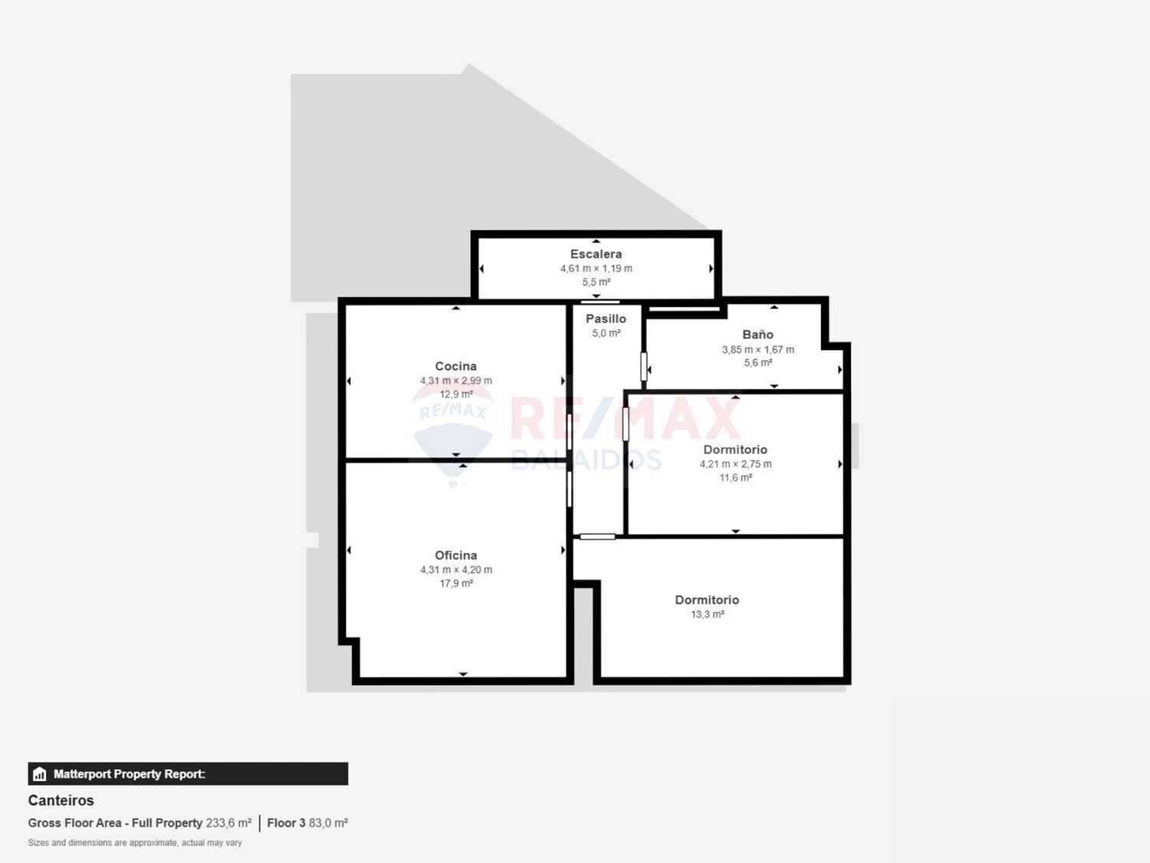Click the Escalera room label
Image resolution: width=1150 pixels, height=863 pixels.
pyautogui.click(x=596, y=254)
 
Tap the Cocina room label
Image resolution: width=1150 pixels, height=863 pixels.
pyautogui.click(x=455, y=366)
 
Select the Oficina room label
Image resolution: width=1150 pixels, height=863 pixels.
pyautogui.click(x=455, y=555)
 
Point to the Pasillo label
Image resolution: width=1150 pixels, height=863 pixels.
pyautogui.click(x=606, y=318)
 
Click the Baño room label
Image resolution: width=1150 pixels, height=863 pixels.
pyautogui.click(x=757, y=334)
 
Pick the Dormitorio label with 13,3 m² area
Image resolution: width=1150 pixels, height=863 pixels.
pyautogui.click(x=707, y=600)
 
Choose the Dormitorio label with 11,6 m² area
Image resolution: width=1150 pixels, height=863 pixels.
pyautogui.click(x=735, y=450)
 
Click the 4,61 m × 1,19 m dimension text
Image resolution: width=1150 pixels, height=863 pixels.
pyautogui.click(x=596, y=268)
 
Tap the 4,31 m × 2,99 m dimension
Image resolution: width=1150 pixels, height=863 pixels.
pyautogui.click(x=455, y=380)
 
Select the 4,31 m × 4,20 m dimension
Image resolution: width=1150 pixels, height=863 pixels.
pyautogui.click(x=455, y=570)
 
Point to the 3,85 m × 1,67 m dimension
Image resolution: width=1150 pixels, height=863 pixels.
pyautogui.click(x=757, y=350)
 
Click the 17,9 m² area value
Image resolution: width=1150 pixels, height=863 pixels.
pyautogui.click(x=455, y=584)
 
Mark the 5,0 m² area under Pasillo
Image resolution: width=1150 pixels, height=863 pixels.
pyautogui.click(x=606, y=333)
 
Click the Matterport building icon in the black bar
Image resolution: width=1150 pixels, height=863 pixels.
pyautogui.click(x=40, y=774)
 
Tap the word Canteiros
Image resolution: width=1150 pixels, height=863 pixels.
pyautogui.click(x=61, y=800)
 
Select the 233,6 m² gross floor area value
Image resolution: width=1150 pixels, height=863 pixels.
pyautogui.click(x=228, y=823)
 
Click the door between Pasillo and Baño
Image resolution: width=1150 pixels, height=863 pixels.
pyautogui.click(x=644, y=367)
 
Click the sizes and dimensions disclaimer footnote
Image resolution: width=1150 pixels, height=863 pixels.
pyautogui.click(x=135, y=843)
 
